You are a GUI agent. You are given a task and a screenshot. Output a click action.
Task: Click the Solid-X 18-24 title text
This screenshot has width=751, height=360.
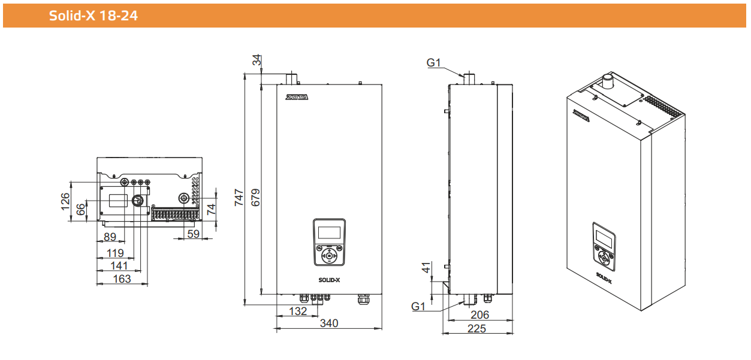(94, 16)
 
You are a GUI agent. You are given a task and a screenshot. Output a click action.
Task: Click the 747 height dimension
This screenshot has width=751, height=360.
(239, 198)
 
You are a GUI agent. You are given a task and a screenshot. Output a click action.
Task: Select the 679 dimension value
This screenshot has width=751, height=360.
(255, 198)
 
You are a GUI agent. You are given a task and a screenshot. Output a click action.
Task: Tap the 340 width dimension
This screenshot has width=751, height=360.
(329, 323)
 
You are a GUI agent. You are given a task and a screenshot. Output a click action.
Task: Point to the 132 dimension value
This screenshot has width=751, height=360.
(298, 311)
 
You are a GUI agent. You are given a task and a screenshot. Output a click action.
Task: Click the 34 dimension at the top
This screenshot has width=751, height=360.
(257, 60)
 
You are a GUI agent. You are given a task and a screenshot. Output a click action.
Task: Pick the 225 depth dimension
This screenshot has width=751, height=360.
(476, 328)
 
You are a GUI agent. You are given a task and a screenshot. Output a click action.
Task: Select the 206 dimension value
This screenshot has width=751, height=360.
(479, 314)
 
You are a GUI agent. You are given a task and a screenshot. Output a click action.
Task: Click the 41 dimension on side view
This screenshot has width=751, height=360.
(426, 268)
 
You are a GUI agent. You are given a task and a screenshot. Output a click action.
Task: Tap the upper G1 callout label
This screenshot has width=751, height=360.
(433, 62)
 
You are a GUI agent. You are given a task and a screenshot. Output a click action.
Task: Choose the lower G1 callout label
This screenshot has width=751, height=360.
(418, 306)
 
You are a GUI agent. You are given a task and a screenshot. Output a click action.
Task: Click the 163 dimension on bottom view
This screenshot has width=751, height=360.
(122, 279)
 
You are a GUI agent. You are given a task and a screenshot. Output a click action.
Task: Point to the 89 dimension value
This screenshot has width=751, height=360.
(110, 237)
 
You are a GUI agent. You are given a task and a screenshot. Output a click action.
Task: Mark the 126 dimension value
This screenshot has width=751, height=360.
(65, 201)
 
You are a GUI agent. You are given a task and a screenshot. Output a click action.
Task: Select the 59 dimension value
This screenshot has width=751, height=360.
(194, 234)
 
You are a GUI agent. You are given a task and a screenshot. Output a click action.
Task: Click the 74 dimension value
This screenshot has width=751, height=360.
(211, 210)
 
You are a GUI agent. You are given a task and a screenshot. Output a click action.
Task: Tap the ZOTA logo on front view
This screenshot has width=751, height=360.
(297, 97)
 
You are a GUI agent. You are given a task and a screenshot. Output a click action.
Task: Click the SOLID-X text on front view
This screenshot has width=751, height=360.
(329, 280)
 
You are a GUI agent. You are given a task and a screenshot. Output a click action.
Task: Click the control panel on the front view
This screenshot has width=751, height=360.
(329, 243)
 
